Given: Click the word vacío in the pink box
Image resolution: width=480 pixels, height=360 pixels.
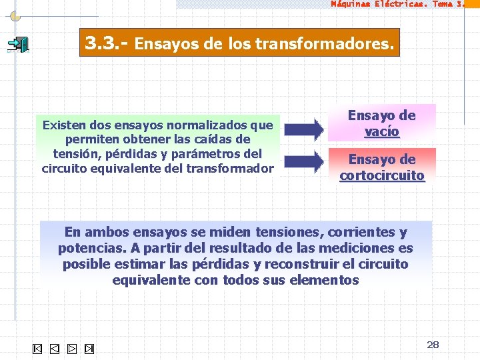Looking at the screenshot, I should coord(382,131).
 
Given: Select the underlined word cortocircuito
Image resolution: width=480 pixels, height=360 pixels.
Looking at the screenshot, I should coord(382,175).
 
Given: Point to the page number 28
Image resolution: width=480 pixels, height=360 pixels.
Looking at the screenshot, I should coord(433,345).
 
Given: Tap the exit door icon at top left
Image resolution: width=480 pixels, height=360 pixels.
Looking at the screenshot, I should coord(18,45).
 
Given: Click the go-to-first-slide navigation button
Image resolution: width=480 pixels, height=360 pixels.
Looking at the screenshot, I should coord(37,349).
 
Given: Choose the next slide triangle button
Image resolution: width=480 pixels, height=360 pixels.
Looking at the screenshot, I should coord(72,349).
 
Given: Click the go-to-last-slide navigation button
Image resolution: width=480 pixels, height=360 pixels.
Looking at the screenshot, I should coord(89,349).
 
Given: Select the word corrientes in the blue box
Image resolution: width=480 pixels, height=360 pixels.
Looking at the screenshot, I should coord(361,233).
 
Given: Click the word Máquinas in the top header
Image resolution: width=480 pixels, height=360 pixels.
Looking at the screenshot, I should coord(352,3).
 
